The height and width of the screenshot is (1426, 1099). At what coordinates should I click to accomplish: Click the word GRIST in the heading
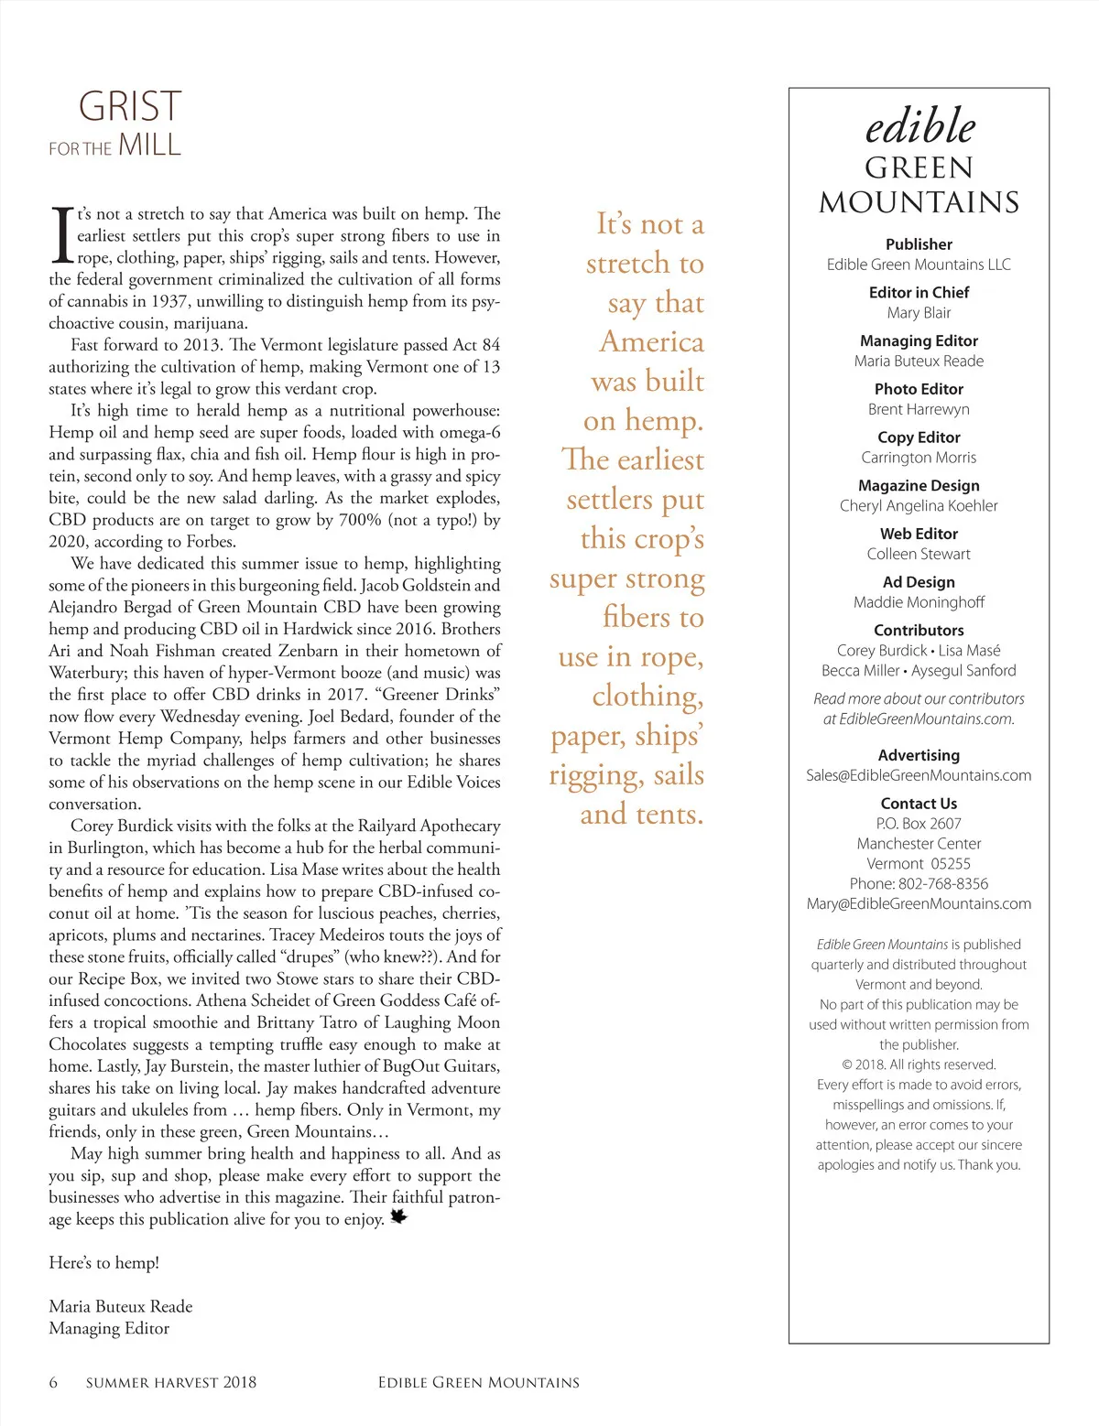130,107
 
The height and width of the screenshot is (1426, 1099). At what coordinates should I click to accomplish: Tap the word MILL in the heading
149,146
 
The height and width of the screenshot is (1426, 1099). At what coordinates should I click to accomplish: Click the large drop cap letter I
61,235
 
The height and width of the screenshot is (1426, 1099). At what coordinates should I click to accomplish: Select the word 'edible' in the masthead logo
919,126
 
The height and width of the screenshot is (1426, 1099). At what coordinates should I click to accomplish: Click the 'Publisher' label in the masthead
919,244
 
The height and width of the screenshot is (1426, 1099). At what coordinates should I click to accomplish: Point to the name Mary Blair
919,313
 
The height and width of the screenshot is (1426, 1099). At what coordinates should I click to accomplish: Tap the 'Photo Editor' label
919,389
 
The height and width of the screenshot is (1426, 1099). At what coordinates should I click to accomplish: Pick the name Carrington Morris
919,458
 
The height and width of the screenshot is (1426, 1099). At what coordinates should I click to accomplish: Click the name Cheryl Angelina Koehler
919,506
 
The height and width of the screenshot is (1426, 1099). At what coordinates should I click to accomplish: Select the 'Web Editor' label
919,534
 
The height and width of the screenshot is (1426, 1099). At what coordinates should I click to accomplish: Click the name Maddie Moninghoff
919,602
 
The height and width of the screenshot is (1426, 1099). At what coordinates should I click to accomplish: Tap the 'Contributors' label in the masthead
919,631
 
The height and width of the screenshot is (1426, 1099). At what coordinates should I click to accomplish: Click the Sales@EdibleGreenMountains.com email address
919,775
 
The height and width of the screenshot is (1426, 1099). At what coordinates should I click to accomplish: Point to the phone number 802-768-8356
943,884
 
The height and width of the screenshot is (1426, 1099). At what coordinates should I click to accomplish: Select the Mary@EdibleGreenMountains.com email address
919,904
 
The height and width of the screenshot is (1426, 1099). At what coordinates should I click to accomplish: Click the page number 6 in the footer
53,1382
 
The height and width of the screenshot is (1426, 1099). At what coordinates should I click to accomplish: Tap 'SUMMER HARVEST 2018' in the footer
171,1382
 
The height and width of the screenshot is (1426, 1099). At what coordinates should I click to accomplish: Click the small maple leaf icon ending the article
398,1216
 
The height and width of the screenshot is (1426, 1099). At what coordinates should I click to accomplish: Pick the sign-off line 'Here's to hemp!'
103,1263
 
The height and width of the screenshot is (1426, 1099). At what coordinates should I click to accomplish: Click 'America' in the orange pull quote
651,342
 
